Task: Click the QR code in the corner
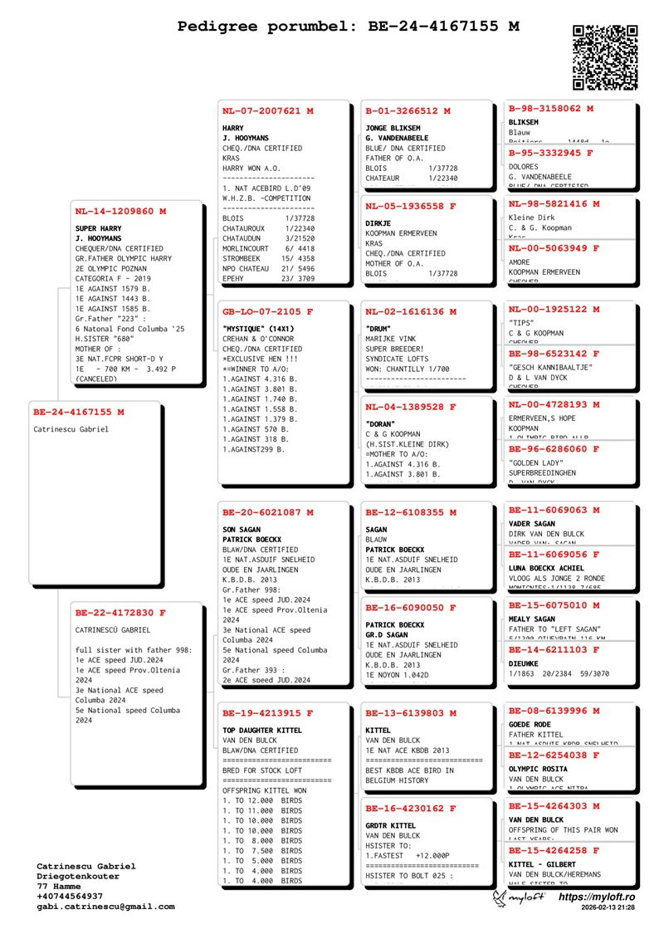click(605, 57)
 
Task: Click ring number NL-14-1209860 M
click(120, 212)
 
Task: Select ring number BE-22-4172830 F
click(120, 614)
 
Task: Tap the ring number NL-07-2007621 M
click(267, 111)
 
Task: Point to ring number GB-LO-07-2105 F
click(267, 312)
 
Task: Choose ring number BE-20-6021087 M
click(267, 512)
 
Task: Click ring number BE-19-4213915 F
click(267, 713)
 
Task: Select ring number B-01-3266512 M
click(408, 111)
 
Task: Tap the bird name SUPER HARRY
click(98, 228)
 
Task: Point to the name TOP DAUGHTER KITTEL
click(262, 730)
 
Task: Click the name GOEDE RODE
click(530, 724)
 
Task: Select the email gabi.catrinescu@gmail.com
click(105, 907)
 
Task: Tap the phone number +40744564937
click(70, 897)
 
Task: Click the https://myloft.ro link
click(596, 897)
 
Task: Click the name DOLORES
click(523, 166)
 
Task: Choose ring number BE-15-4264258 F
click(554, 850)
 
